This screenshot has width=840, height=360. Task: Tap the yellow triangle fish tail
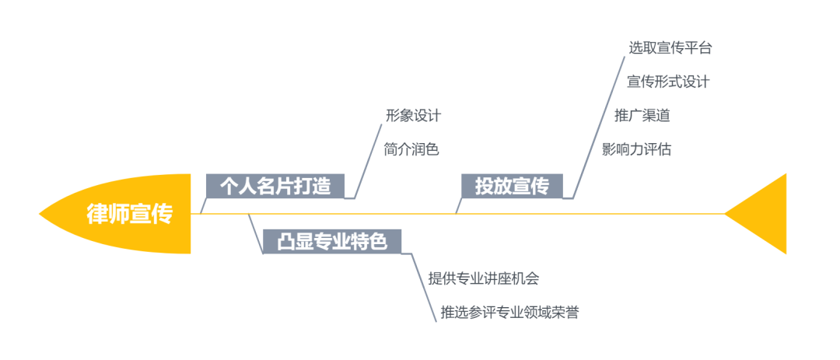pos(766,214)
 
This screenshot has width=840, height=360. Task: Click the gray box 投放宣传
pos(512,187)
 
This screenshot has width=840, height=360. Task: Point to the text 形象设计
pos(413,116)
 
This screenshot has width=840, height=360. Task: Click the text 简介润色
pos(411,149)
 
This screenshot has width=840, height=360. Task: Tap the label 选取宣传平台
pos(670,47)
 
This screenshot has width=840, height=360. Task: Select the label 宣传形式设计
pos(668,82)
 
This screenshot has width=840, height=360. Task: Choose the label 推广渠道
pos(642,116)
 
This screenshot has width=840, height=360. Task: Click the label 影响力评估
pos(636,149)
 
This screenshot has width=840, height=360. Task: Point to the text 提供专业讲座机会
pos(483,278)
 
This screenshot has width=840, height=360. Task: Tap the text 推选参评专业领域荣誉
pos(509,313)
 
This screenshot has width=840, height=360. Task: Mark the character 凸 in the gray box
pos(286,241)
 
